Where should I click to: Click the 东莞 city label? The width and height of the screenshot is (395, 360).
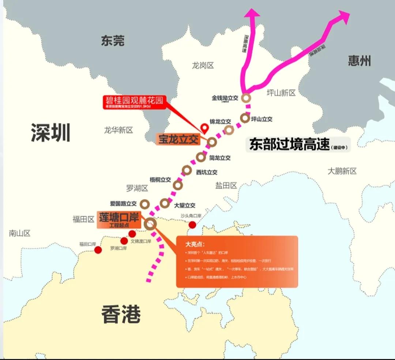pos(112,41)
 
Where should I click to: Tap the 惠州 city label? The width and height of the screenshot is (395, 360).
pos(359,60)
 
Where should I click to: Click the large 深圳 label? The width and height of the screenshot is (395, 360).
pos(50,132)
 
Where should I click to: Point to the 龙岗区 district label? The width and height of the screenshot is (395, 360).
pos(203,65)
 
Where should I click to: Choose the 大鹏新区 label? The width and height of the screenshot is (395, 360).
pos(342,171)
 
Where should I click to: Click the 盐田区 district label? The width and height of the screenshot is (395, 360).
pos(226,185)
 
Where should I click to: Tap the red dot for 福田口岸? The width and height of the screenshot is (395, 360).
pos(98,250)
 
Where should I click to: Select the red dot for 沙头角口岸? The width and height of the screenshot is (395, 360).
pos(192,225)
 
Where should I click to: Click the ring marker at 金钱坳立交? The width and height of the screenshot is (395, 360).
pos(246,98)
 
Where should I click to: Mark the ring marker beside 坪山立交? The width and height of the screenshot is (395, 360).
pos(245,118)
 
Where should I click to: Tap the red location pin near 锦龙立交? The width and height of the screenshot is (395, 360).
pos(204,128)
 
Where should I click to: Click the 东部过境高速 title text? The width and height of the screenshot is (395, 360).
pos(290,145)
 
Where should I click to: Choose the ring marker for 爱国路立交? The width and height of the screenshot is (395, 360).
pos(145,203)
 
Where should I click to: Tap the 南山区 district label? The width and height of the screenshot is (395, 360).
pos(19,233)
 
